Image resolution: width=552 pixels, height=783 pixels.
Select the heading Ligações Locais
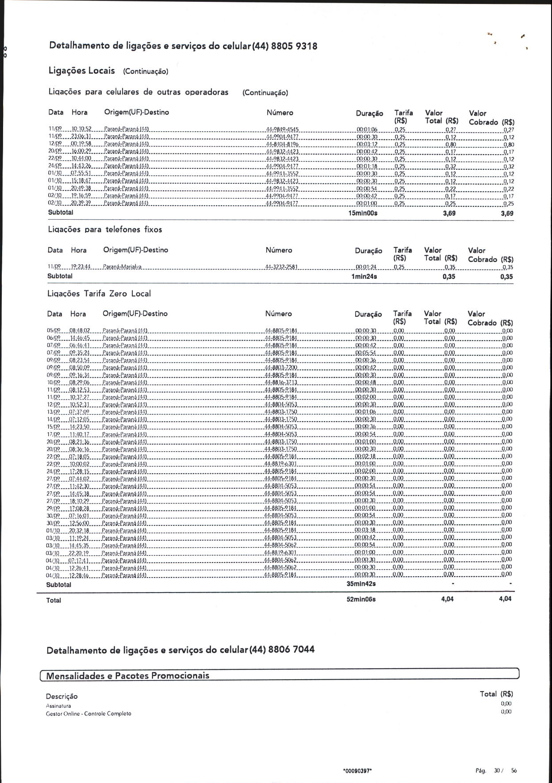[x=81, y=71]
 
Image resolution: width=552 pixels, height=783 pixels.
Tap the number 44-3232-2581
[x=281, y=267]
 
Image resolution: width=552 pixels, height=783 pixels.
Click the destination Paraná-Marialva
[x=122, y=267]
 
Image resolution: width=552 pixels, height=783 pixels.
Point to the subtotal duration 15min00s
[x=363, y=213]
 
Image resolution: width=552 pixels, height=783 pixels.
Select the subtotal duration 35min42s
[x=361, y=584]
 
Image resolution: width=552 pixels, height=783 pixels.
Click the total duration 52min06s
[x=361, y=599]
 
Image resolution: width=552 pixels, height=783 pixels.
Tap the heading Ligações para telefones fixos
[x=105, y=229]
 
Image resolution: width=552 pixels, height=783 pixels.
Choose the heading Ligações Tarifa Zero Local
[x=99, y=293]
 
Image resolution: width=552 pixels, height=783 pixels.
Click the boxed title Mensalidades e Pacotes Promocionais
[x=128, y=675]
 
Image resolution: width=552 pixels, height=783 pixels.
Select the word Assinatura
[x=58, y=706]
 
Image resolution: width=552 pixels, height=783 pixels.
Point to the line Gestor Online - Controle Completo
[x=88, y=714]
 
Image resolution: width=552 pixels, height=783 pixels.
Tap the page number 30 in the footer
[x=497, y=771]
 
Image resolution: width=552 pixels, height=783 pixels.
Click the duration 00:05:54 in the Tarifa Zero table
[x=365, y=353]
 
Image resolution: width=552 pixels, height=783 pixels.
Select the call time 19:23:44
[x=80, y=267]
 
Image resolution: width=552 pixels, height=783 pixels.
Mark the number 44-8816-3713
[x=281, y=382]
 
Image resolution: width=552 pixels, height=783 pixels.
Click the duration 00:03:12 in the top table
[x=367, y=144]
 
